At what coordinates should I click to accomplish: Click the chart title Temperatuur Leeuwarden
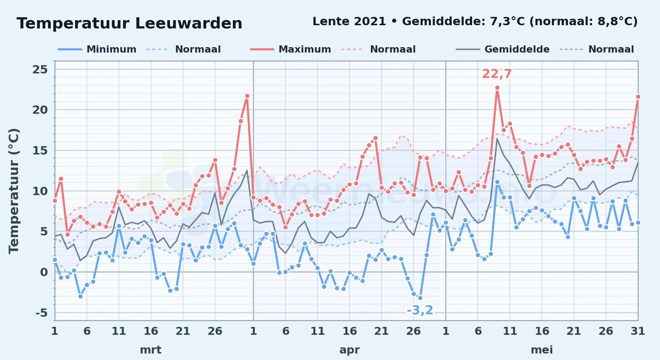pyautogui.click(x=129, y=23)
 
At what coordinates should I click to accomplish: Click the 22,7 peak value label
pyautogui.click(x=497, y=74)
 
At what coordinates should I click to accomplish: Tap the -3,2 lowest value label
pyautogui.click(x=420, y=310)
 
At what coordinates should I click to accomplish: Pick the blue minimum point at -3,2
pyautogui.click(x=420, y=298)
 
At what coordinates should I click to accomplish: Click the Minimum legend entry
pyautogui.click(x=97, y=49)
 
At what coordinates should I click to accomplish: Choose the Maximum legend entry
pyautogui.click(x=290, y=49)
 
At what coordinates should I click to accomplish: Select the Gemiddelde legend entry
pyautogui.click(x=503, y=49)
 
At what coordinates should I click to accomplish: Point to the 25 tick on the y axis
pyautogui.click(x=40, y=69)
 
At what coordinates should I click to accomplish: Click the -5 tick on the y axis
pyautogui.click(x=41, y=313)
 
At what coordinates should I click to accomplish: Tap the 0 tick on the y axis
pyautogui.click(x=44, y=272)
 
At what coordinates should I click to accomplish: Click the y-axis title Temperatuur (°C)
pyautogui.click(x=14, y=191)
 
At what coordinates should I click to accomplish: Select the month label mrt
pyautogui.click(x=151, y=350)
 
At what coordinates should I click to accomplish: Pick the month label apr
pyautogui.click(x=349, y=350)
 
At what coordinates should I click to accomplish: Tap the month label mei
pyautogui.click(x=542, y=350)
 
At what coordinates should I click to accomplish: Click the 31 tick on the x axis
pyautogui.click(x=638, y=331)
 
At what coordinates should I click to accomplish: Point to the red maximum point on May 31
pyautogui.click(x=638, y=96)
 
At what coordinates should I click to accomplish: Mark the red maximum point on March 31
pyautogui.click(x=247, y=96)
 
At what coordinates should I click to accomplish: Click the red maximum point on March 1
pyautogui.click(x=55, y=201)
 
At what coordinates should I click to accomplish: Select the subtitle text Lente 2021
pyautogui.click(x=349, y=21)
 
